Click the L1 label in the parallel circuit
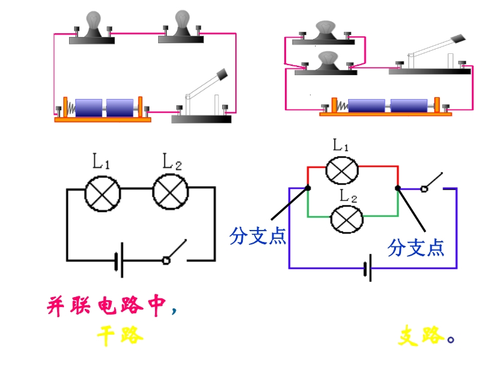pos(341,146)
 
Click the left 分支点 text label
pos(258,236)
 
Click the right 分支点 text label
pos(415,247)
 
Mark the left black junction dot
pos(308,187)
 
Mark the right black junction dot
pos(398,187)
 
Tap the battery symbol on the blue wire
pos(368,268)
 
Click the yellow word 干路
pos(120,337)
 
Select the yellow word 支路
pos(421,337)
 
